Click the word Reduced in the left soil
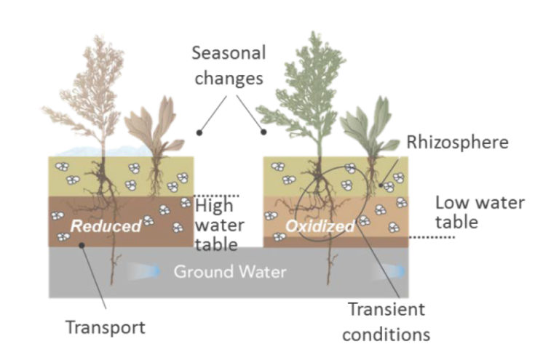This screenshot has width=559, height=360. click(106, 226)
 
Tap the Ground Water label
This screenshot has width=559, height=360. click(229, 272)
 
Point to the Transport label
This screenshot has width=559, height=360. click(106, 327)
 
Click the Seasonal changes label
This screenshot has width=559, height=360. click(229, 65)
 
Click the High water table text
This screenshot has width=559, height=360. click(219, 225)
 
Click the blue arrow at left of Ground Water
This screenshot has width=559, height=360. click(146, 271)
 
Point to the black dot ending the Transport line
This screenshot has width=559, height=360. click(82, 246)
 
